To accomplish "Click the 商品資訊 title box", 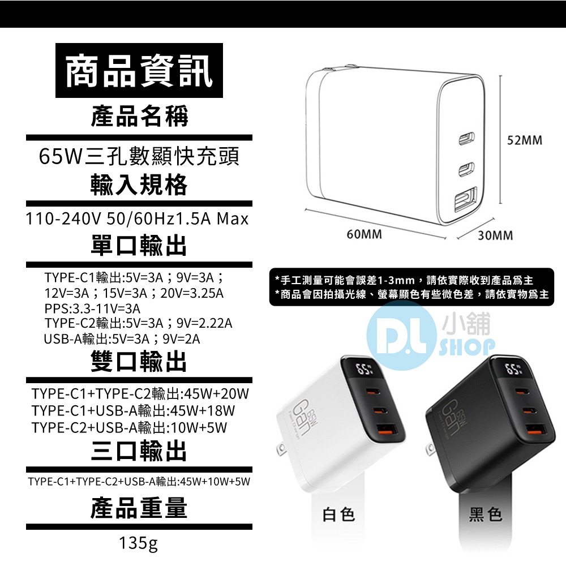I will [x=139, y=72].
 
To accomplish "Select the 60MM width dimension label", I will [x=365, y=234].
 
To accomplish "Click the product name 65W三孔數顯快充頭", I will [x=139, y=156].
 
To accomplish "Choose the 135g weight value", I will [x=139, y=544].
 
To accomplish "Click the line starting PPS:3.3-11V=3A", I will [x=92, y=308].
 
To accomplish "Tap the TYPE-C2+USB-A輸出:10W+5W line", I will [x=129, y=427].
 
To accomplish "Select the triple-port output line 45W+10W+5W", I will [x=139, y=482].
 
